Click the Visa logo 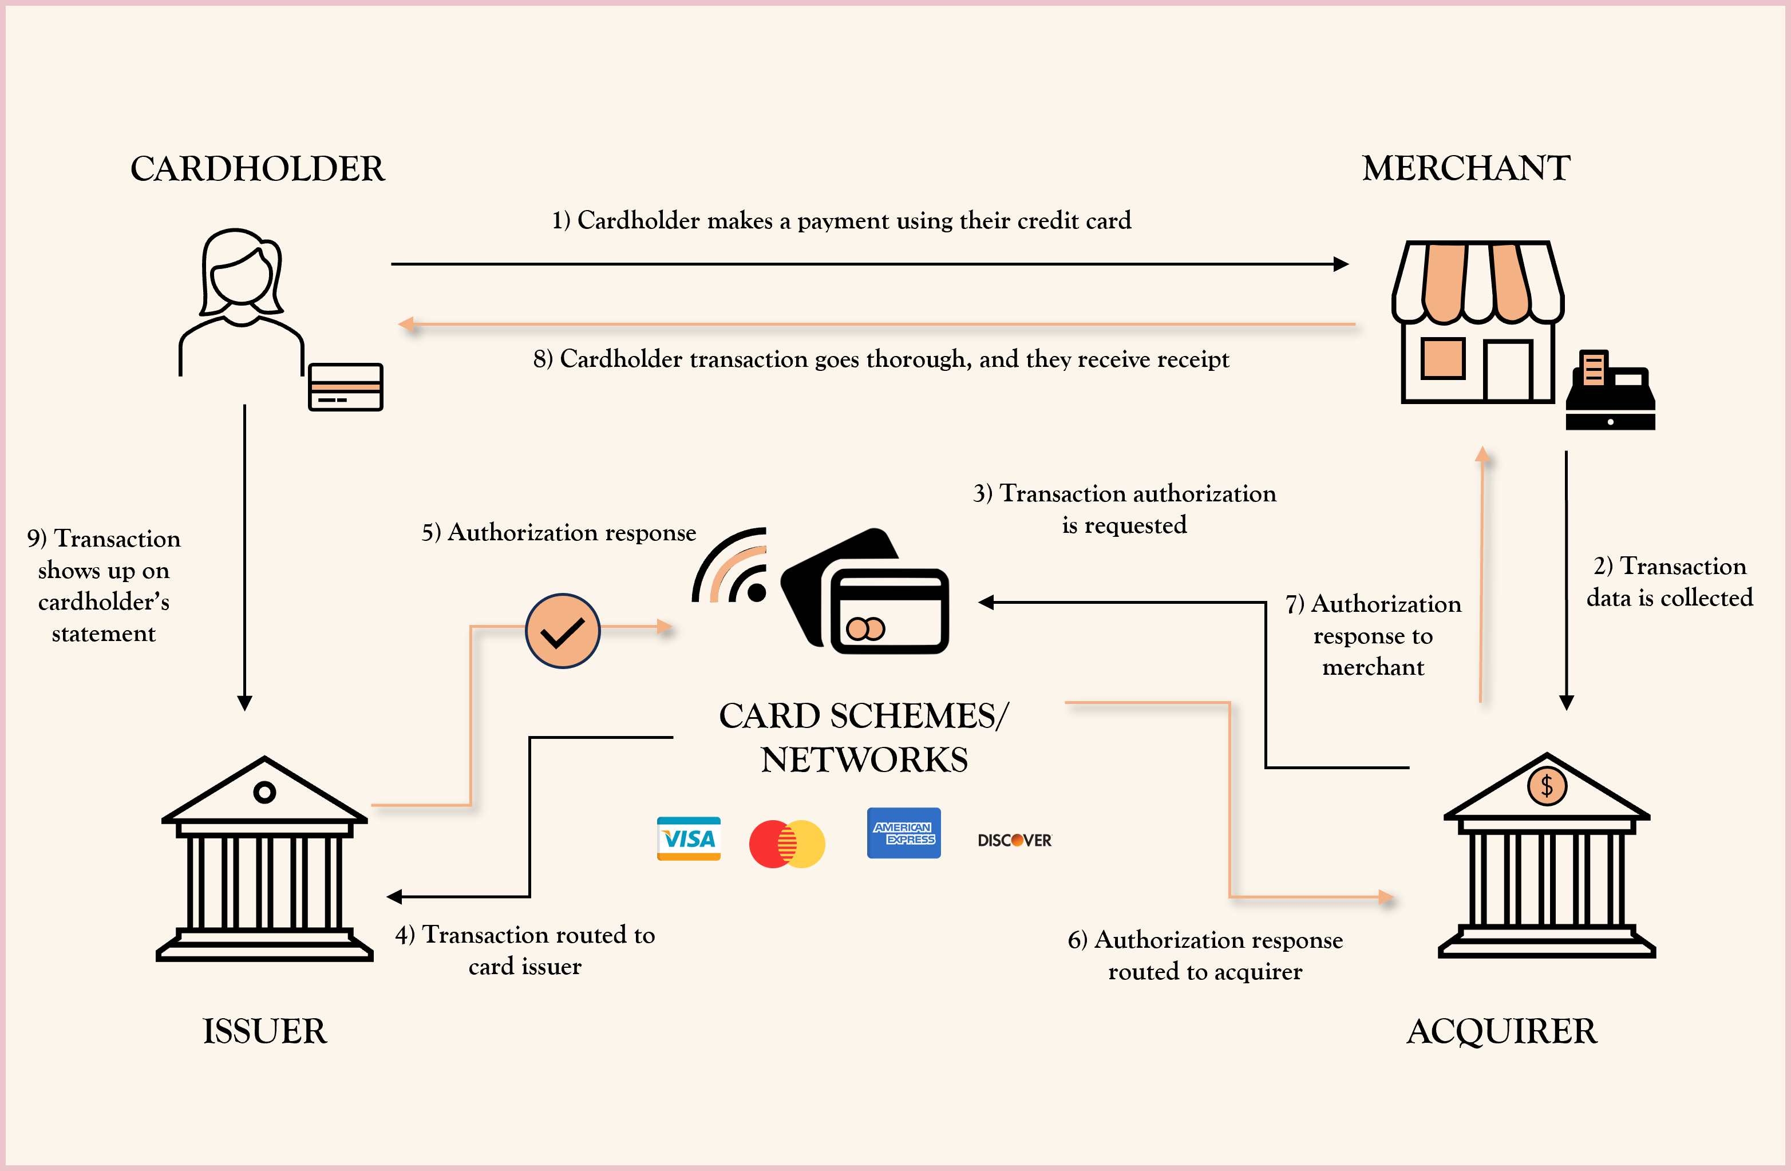tap(689, 838)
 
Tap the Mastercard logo tap(787, 844)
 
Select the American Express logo tap(903, 833)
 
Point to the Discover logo tap(1014, 840)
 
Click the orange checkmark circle tap(562, 631)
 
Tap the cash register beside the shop tap(1610, 391)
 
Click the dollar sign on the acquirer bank tap(1547, 786)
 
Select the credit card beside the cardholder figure tap(345, 387)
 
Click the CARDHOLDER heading tap(258, 169)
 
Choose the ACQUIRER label tap(1501, 1031)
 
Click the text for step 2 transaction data tap(1669, 581)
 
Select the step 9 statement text tap(104, 585)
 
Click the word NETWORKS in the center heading tap(864, 760)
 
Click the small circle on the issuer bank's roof tap(264, 792)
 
